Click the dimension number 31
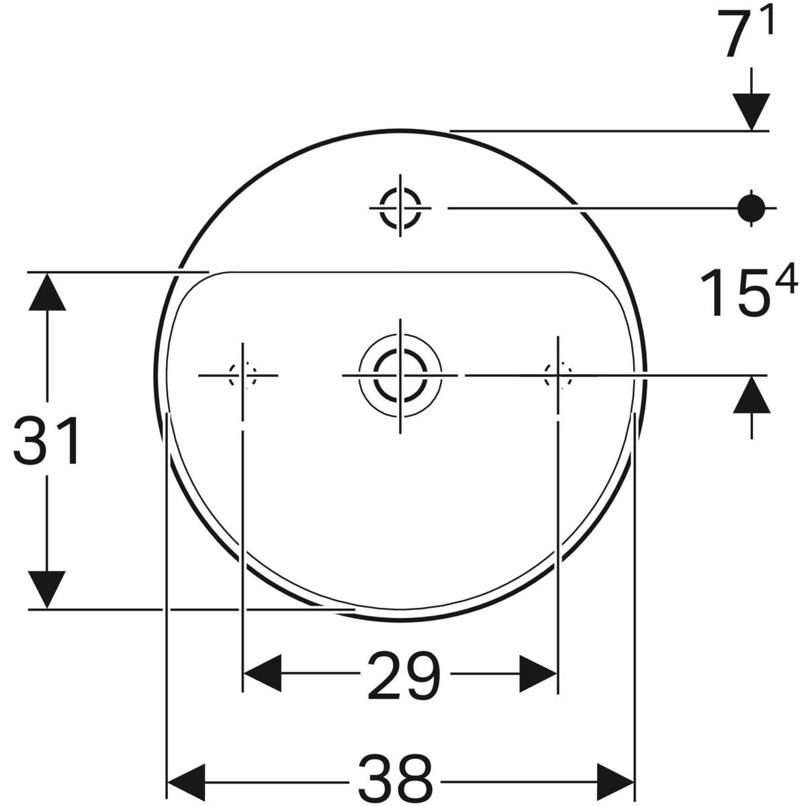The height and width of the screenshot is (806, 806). pyautogui.click(x=46, y=440)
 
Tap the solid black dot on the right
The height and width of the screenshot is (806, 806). pyautogui.click(x=751, y=208)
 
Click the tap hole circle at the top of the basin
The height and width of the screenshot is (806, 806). pyautogui.click(x=400, y=208)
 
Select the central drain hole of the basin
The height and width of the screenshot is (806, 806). pyautogui.click(x=400, y=375)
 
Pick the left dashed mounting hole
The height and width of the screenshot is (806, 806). pyautogui.click(x=242, y=375)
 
